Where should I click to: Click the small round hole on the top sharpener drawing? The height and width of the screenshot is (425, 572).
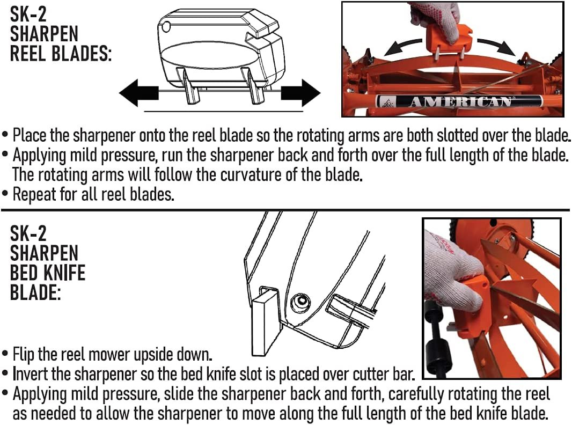pyautogui.click(x=166, y=26)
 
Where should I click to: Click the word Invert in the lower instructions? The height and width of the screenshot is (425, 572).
pyautogui.click(x=32, y=374)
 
